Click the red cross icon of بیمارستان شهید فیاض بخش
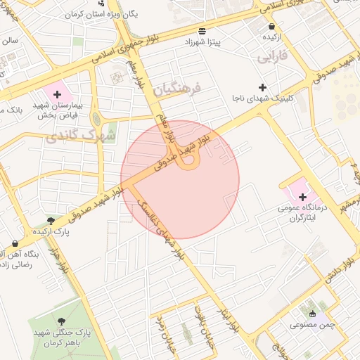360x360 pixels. click(x=58, y=94)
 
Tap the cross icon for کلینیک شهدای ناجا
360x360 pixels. click(x=263, y=88)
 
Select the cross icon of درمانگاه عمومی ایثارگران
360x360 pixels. click(x=302, y=197)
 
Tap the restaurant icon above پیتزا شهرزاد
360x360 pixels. click(x=202, y=31)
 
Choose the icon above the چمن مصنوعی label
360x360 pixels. click(x=313, y=313)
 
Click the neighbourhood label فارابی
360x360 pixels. click(x=274, y=54)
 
